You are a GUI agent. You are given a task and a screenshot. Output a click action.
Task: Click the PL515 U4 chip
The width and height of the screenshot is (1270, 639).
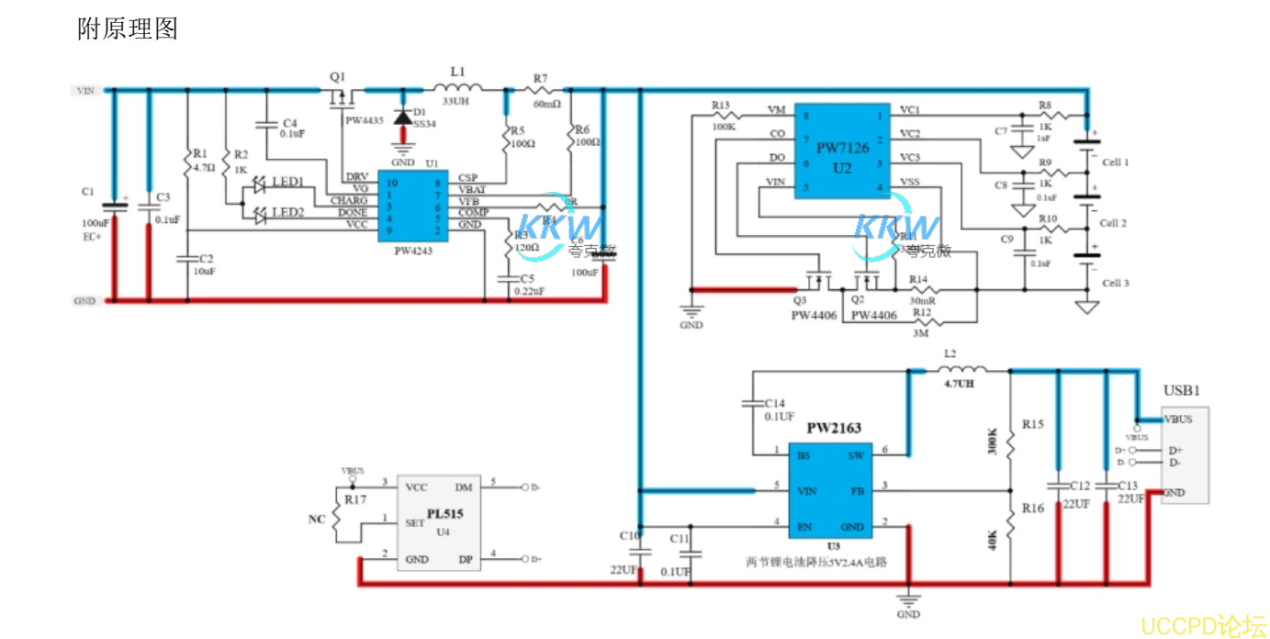(444, 522)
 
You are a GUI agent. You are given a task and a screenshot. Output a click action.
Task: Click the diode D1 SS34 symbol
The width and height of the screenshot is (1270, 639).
(401, 118)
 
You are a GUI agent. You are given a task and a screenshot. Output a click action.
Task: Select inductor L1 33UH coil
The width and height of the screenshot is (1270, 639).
(457, 88)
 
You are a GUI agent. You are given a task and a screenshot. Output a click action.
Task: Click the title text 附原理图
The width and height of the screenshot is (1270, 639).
(128, 29)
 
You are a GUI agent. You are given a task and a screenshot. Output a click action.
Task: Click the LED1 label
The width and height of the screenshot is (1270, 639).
(287, 183)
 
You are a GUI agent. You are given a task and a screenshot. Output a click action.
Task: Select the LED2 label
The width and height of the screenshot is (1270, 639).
(287, 213)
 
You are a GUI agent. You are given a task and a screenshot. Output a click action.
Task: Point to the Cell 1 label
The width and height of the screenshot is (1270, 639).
(1114, 163)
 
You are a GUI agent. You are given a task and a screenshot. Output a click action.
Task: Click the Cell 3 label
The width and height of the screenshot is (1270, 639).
(1114, 284)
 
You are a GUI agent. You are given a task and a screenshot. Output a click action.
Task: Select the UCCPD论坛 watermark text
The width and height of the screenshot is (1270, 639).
(1203, 625)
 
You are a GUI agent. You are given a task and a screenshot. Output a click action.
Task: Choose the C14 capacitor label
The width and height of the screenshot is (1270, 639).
(776, 403)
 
